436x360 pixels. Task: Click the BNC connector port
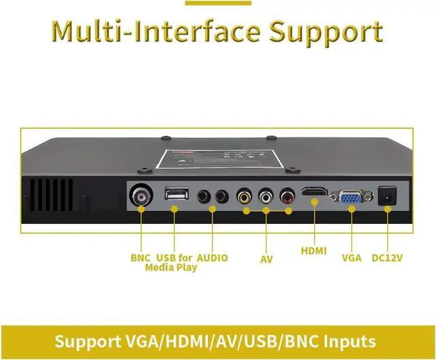pyautogui.click(x=141, y=197)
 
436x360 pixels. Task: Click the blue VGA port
pyautogui.click(x=352, y=197)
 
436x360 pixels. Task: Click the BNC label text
pyautogui.click(x=141, y=258)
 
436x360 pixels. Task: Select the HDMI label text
pyautogui.click(x=314, y=251)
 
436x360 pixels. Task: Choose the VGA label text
pyautogui.click(x=352, y=258)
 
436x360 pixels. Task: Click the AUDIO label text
pyautogui.click(x=212, y=258)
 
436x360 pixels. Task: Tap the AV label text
pyautogui.click(x=266, y=259)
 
